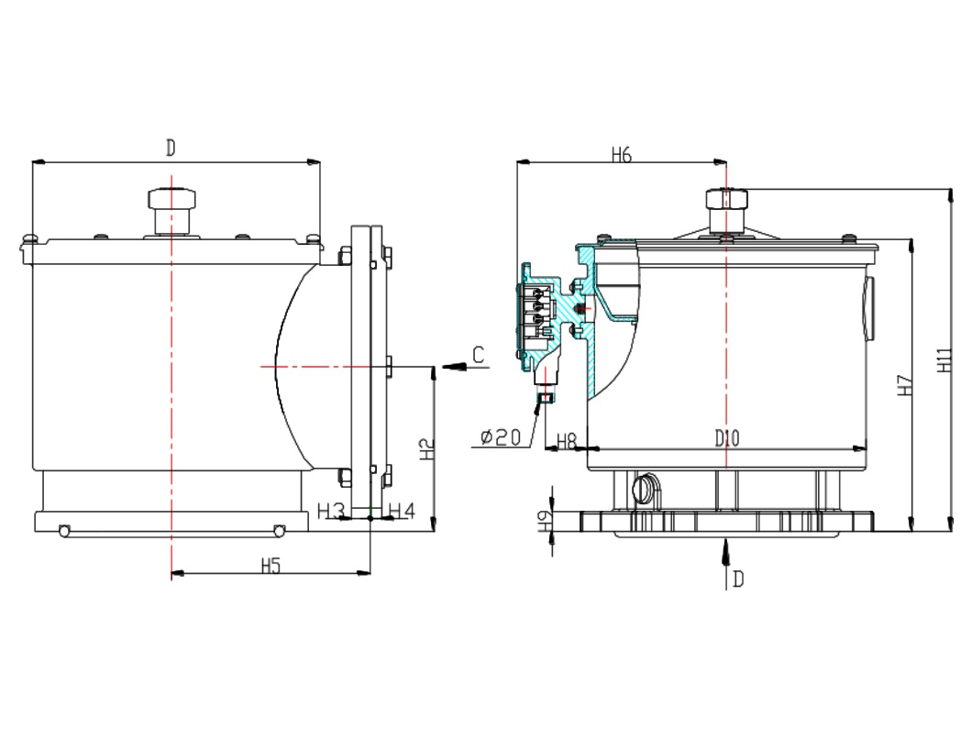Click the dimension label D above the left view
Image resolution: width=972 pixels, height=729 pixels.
tap(171, 149)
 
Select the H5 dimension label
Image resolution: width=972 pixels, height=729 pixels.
tap(271, 566)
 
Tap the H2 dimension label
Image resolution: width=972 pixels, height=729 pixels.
tap(427, 448)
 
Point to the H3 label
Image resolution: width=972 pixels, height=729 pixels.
tap(330, 512)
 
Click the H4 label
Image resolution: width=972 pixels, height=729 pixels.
tap(402, 511)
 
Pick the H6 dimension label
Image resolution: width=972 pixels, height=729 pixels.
tap(621, 154)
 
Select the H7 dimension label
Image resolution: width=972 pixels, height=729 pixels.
tap(906, 385)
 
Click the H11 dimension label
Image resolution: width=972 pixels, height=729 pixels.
tap(944, 359)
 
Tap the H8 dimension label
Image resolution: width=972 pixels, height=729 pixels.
tap(567, 441)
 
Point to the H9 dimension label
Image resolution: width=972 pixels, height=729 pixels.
tap(545, 520)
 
